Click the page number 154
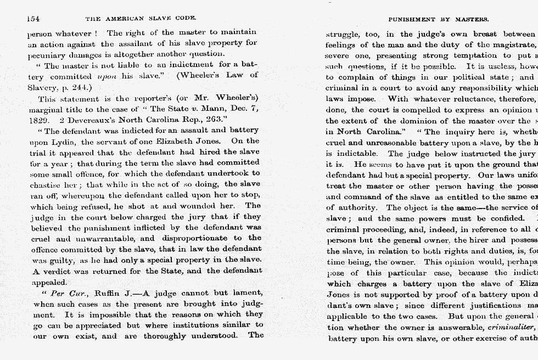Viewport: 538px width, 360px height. [x=32, y=19]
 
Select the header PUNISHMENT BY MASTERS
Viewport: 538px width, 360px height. [x=438, y=19]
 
